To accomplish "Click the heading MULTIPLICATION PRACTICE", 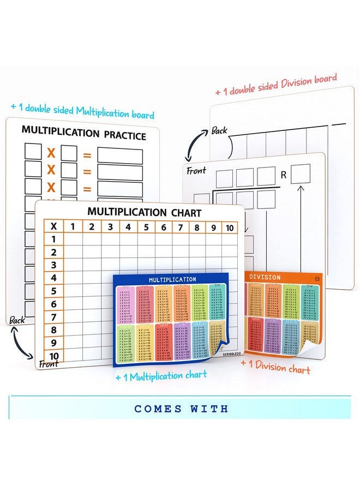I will pyautogui.click(x=83, y=132).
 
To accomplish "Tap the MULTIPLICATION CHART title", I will pyautogui.click(x=145, y=212).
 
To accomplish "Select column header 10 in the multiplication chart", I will pyautogui.click(x=230, y=227).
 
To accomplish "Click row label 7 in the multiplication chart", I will pyautogui.click(x=53, y=317).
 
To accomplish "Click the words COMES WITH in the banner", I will pyautogui.click(x=181, y=409).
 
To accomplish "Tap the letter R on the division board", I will pyautogui.click(x=283, y=176).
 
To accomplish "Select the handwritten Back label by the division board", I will pyautogui.click(x=219, y=130).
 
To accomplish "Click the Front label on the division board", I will pyautogui.click(x=196, y=171).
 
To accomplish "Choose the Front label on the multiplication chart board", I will pyautogui.click(x=48, y=362).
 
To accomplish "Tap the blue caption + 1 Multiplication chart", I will pyautogui.click(x=161, y=375).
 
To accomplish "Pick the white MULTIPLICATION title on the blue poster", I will pyautogui.click(x=172, y=279).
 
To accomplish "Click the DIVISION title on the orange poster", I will pyautogui.click(x=265, y=277).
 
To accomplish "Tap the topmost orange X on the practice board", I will pyautogui.click(x=51, y=152).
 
